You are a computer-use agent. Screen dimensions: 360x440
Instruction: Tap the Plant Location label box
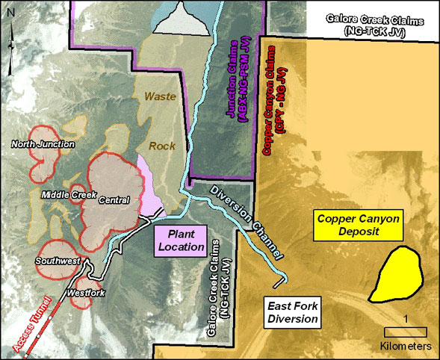[x=180, y=240]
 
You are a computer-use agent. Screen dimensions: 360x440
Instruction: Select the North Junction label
[x=42, y=144]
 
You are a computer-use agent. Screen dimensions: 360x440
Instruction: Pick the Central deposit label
[x=114, y=199]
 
